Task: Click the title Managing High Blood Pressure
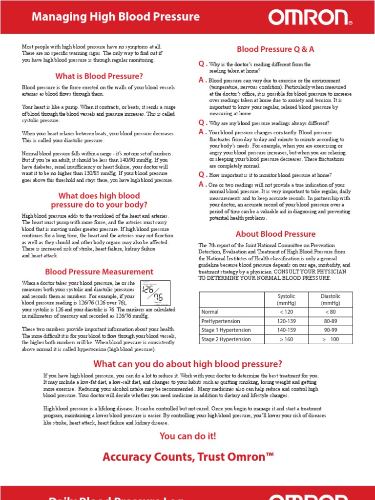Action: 116,17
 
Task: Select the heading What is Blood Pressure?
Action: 99,76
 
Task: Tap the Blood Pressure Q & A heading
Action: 275,49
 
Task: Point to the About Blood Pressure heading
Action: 275,234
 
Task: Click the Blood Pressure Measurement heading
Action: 99,271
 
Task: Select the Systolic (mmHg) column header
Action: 286,300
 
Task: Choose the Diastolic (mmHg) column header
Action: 331,300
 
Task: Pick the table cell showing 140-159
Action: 286,330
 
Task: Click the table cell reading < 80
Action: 331,312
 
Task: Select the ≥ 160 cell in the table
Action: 286,339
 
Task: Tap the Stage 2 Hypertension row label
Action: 226,339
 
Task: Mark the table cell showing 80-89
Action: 331,321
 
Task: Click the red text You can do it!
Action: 187,436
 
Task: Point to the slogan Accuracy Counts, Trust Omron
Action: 187,457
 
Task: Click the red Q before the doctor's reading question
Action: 201,64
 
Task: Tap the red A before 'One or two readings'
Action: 201,184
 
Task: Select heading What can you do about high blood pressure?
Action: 187,364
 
